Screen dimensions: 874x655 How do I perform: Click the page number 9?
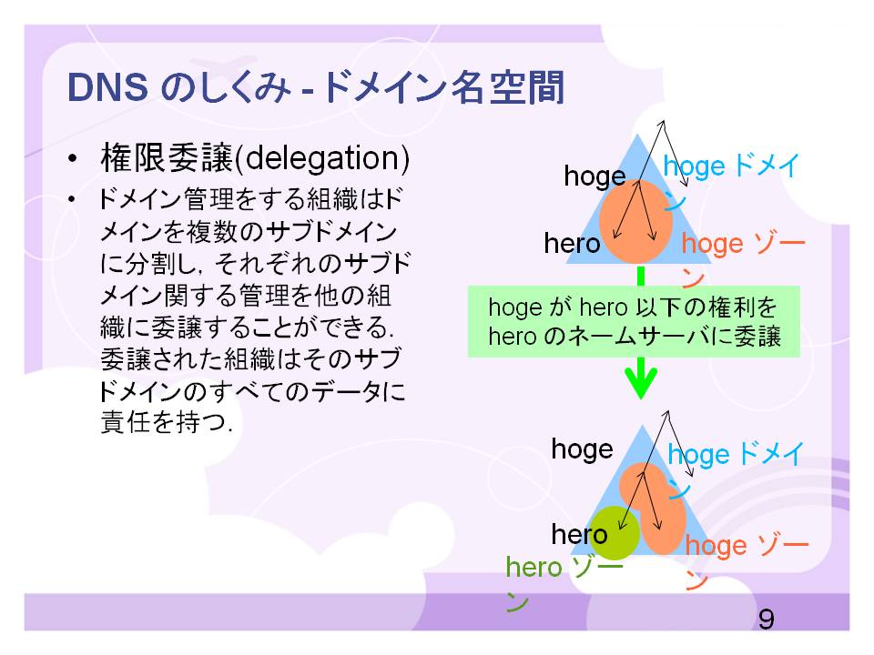point(766,619)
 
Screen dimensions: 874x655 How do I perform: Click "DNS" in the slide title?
point(107,87)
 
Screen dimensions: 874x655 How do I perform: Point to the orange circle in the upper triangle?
point(635,220)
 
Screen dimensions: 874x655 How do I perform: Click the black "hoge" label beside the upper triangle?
point(595,176)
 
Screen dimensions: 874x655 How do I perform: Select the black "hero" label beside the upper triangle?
point(572,244)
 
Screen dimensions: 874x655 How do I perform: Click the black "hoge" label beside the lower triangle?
point(582,449)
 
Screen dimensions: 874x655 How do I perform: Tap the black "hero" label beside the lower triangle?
point(579,534)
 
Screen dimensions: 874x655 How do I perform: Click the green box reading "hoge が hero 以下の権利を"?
point(634,321)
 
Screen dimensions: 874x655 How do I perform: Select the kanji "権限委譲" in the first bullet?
point(167,158)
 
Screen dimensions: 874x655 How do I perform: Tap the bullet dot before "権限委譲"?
point(72,160)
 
